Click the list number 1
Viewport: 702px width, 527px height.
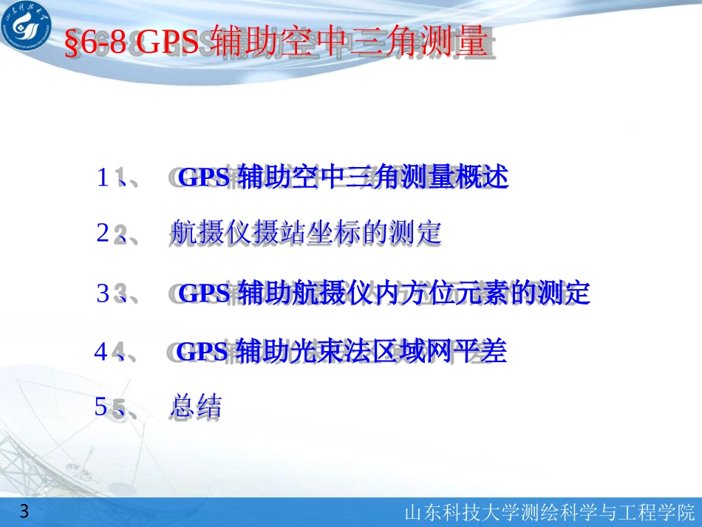point(103,177)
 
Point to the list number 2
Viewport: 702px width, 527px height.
point(103,234)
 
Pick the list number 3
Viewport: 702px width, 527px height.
point(103,293)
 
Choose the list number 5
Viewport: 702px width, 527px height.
point(100,407)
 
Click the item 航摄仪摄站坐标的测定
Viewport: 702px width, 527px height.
point(305,234)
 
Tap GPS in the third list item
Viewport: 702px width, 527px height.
point(205,294)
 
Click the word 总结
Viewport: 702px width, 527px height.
point(196,407)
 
